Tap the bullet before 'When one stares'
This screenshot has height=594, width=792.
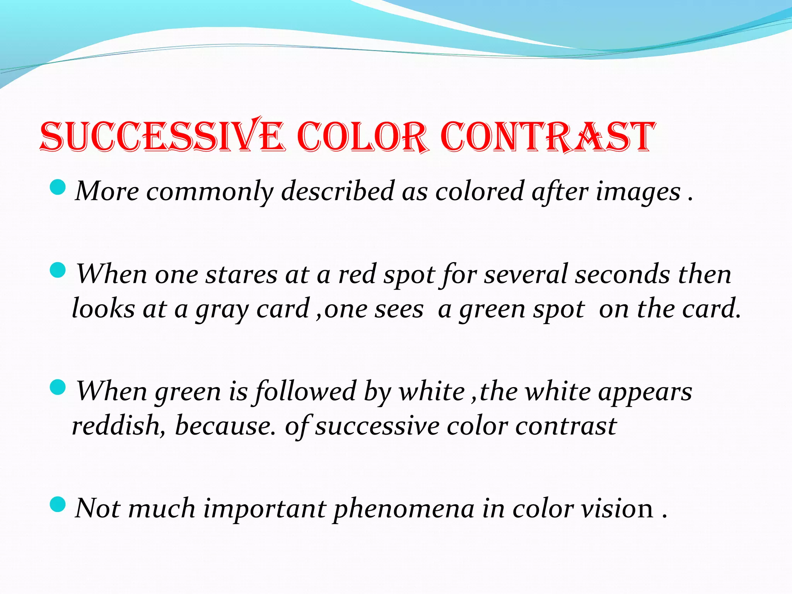click(x=58, y=270)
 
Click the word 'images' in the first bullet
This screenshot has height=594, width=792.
click(x=638, y=191)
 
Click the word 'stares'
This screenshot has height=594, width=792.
click(x=241, y=275)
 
